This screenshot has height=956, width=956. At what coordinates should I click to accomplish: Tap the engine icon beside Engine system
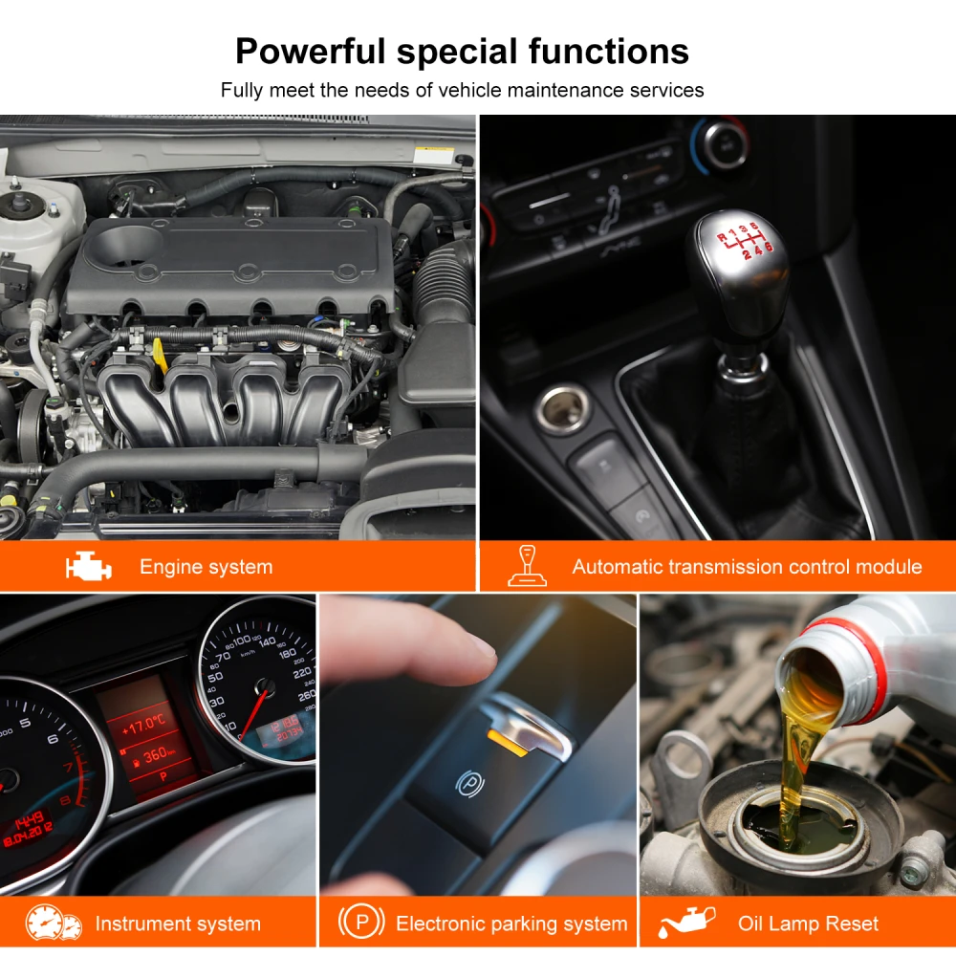(x=88, y=567)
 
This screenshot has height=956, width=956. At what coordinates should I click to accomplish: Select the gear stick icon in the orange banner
(x=527, y=565)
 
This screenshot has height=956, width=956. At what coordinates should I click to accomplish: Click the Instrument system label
(x=178, y=924)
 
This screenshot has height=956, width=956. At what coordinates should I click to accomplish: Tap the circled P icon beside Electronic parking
(x=361, y=923)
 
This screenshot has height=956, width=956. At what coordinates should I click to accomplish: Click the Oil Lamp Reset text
(x=808, y=924)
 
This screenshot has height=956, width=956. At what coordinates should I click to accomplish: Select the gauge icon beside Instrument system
(x=54, y=923)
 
